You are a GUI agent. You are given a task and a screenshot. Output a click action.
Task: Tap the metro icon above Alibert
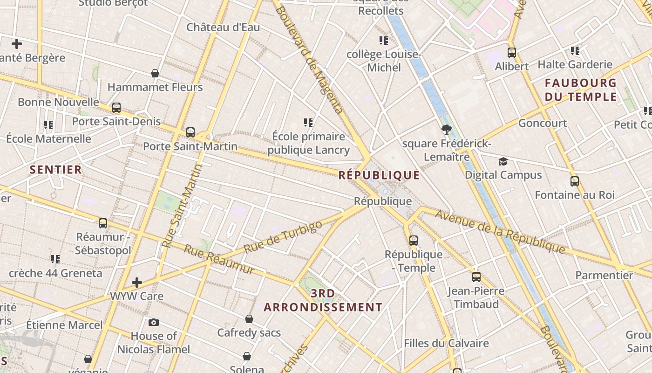512,53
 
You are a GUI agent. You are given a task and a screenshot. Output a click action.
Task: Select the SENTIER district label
56,169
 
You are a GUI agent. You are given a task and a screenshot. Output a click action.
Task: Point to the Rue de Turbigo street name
283,237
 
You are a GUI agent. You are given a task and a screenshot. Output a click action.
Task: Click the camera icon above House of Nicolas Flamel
154,322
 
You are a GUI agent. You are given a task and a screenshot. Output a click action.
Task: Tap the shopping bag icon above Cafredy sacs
249,319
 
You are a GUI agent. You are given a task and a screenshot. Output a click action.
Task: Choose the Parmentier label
604,275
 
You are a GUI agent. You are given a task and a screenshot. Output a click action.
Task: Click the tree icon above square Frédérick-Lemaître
447,130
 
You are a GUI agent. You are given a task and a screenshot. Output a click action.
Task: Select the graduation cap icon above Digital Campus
503,162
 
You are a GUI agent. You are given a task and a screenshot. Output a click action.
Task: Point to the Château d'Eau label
223,27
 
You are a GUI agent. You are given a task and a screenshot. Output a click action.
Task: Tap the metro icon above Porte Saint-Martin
190,132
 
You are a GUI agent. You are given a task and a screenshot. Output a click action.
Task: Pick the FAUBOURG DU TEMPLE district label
581,90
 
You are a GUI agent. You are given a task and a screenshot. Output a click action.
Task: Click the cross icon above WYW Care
137,283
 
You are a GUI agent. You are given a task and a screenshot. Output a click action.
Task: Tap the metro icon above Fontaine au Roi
575,181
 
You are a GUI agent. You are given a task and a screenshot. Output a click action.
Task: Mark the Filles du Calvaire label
446,343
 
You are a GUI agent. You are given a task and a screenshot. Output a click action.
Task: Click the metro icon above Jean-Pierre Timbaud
476,277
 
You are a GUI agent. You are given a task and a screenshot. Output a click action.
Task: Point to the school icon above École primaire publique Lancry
308,123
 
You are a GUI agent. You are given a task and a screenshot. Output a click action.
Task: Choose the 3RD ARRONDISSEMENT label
323,300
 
